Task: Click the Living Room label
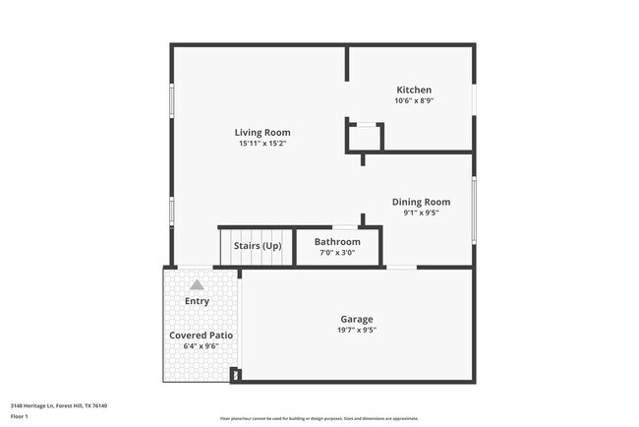point(262,133)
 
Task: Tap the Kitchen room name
point(414,90)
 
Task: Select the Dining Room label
point(421,202)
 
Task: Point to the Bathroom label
point(337,242)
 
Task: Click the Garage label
point(357,319)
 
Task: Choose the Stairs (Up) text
point(258,245)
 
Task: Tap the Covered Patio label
point(202,335)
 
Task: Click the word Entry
point(197,301)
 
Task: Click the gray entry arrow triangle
point(197,284)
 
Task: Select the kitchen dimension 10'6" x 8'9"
point(414,100)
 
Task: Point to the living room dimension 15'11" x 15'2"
point(262,144)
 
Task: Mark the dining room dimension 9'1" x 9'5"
point(421,213)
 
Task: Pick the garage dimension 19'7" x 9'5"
point(357,330)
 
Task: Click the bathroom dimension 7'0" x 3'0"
point(337,253)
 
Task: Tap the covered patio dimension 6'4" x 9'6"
point(202,346)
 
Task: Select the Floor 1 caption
point(20,416)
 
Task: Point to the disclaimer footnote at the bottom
point(319,418)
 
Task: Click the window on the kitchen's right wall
point(474,98)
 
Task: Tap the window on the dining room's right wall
point(474,210)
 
